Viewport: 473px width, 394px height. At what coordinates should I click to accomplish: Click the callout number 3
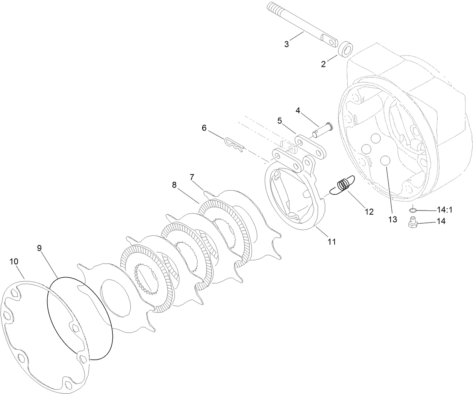pos(287,44)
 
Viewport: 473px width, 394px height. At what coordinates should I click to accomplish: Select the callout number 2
pos(323,64)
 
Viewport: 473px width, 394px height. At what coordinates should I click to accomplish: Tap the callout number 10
pos(14,262)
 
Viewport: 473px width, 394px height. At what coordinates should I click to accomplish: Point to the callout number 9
pos(39,248)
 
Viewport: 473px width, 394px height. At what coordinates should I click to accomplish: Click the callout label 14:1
pos(444,209)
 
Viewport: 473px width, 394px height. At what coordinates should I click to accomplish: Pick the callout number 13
pos(392,220)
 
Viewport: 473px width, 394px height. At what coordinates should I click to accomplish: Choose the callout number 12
pos(369,212)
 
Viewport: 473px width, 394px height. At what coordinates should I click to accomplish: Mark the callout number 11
pos(331,242)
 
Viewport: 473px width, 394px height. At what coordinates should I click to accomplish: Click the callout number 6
pos(204,128)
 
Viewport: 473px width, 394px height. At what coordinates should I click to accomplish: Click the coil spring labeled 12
pos(342,185)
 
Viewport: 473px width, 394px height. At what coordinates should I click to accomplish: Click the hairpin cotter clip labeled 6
pos(235,146)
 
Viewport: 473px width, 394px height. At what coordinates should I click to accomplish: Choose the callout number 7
pos(192,176)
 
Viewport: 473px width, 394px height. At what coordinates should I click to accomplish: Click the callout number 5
pos(279,121)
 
